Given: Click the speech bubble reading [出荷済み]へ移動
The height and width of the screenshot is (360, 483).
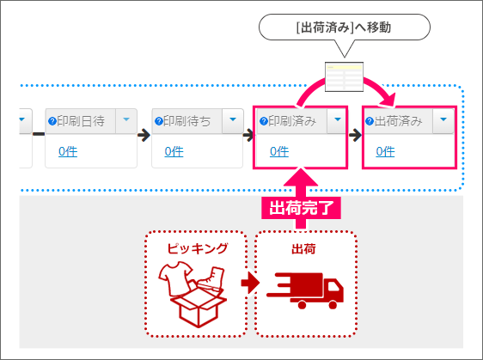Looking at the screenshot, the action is pyautogui.click(x=345, y=27).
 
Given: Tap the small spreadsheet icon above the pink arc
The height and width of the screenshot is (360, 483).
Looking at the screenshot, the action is pyautogui.click(x=344, y=77).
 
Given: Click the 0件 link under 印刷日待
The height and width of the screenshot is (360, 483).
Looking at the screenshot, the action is pyautogui.click(x=68, y=151).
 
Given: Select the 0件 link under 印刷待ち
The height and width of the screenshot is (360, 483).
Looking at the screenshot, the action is pyautogui.click(x=174, y=151).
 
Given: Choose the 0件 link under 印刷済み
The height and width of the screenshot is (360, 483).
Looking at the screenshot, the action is pyautogui.click(x=279, y=151).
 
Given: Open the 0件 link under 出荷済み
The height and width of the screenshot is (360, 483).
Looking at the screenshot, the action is pyautogui.click(x=385, y=151).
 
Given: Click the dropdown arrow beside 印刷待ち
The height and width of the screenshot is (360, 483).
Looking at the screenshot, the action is pyautogui.click(x=233, y=119).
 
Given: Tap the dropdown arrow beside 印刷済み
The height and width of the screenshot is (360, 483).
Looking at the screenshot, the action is pyautogui.click(x=338, y=119).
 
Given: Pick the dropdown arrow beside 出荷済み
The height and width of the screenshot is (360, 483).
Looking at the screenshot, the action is pyautogui.click(x=443, y=119).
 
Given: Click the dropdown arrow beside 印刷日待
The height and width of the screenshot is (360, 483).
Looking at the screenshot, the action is pyautogui.click(x=126, y=119).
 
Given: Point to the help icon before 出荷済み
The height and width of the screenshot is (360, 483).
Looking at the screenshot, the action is pyautogui.click(x=370, y=121).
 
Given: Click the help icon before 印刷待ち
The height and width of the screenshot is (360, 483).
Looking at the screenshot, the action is pyautogui.click(x=159, y=121).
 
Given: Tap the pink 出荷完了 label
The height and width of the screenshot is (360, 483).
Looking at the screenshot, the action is pyautogui.click(x=301, y=208).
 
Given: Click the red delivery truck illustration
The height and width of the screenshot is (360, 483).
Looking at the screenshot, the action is pyautogui.click(x=305, y=290).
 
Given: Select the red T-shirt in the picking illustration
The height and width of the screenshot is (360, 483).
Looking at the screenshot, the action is pyautogui.click(x=175, y=278).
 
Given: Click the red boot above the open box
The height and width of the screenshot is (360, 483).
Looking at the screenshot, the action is pyautogui.click(x=212, y=279).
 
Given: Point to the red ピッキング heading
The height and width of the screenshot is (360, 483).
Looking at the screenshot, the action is pyautogui.click(x=197, y=248).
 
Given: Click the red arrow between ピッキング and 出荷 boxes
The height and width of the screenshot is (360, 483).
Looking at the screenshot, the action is pyautogui.click(x=250, y=283).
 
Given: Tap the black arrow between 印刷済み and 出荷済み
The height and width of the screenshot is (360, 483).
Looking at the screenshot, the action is pyautogui.click(x=355, y=135).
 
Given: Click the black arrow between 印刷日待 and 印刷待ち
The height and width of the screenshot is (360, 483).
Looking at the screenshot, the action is pyautogui.click(x=144, y=135).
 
